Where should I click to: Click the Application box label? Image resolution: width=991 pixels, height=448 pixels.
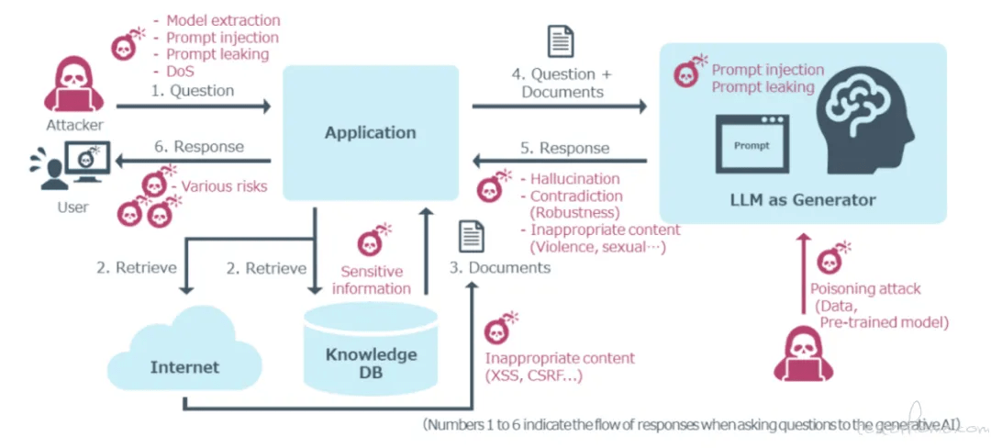pos(370,133)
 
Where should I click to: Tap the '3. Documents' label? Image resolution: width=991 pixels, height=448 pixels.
pos(499,267)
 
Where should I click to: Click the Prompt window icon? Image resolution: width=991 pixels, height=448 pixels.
pos(752,147)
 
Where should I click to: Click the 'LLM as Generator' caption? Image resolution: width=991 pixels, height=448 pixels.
pos(803,199)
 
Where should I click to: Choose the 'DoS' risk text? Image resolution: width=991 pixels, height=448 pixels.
pos(180,71)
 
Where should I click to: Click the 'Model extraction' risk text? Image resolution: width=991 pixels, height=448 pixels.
pos(223,20)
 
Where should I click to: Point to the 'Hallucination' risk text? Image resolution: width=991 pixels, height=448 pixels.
pos(574,179)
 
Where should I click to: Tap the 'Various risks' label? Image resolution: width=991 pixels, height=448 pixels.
pos(224,186)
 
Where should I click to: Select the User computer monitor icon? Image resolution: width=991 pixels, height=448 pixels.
pos(86,161)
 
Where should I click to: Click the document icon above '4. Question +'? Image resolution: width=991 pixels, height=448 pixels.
pos(561,42)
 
